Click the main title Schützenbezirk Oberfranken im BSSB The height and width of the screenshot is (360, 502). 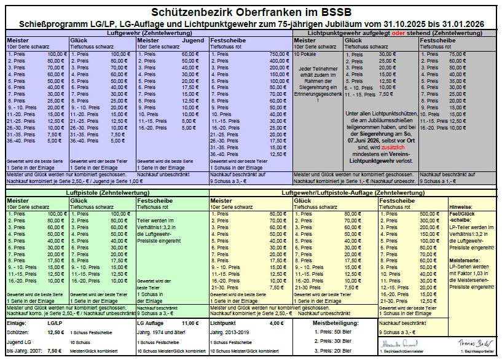point(251,12)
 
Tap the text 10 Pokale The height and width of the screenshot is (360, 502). point(306,55)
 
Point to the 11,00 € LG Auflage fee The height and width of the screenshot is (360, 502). point(190,323)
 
